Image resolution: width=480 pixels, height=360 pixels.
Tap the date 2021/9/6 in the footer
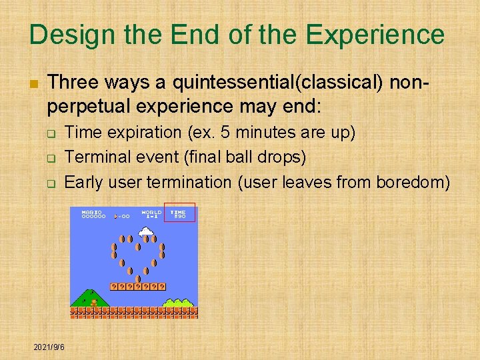[x=49, y=347]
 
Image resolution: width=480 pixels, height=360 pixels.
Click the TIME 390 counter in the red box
[x=179, y=213]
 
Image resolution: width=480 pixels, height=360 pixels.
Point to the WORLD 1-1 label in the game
[x=151, y=213]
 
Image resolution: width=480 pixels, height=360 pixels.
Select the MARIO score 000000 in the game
[x=93, y=213]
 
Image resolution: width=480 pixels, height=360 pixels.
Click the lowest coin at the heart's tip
[x=138, y=279]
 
